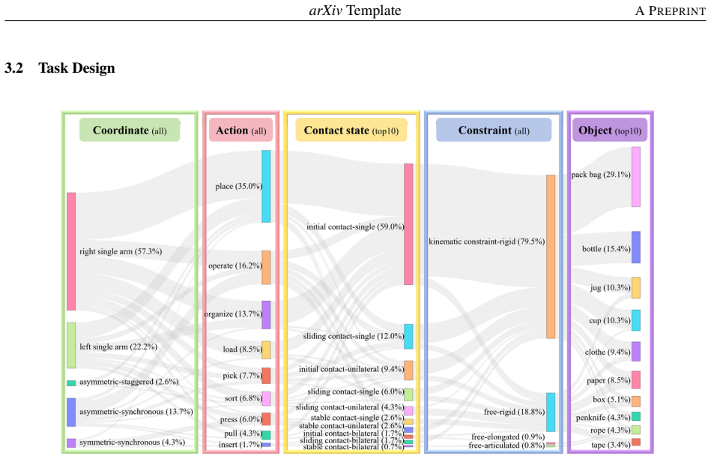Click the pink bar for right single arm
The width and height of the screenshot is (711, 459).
pyautogui.click(x=71, y=251)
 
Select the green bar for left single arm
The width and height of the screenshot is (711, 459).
pyautogui.click(x=71, y=346)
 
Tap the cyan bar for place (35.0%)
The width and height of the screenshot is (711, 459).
pyautogui.click(x=266, y=186)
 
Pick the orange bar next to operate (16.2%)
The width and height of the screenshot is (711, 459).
pyautogui.click(x=266, y=268)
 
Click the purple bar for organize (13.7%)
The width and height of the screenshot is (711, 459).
pyautogui.click(x=266, y=315)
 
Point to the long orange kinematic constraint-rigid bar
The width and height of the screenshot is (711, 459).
pyautogui.click(x=551, y=256)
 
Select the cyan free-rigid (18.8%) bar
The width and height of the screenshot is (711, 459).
pyautogui.click(x=551, y=412)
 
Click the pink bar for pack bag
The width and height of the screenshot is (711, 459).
pyautogui.click(x=636, y=176)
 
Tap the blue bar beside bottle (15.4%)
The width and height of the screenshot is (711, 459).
pyautogui.click(x=636, y=247)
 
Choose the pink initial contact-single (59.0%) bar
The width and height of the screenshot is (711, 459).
pyautogui.click(x=408, y=224)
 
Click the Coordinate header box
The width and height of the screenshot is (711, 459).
pyautogui.click(x=130, y=130)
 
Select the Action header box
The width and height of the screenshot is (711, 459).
pyautogui.click(x=240, y=130)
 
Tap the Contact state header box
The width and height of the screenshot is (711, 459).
pyautogui.click(x=351, y=130)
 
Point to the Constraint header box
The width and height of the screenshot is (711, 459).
pyautogui.click(x=494, y=130)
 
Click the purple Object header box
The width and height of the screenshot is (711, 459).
pyautogui.click(x=610, y=130)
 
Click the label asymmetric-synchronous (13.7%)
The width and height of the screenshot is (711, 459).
pyautogui.click(x=136, y=412)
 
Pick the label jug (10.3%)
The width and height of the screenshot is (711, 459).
pyautogui.click(x=611, y=288)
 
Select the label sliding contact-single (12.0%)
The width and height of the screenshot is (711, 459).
pyautogui.click(x=353, y=337)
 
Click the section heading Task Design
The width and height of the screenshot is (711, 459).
pyautogui.click(x=76, y=68)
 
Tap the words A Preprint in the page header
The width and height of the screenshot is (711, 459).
pyautogui.click(x=671, y=10)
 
